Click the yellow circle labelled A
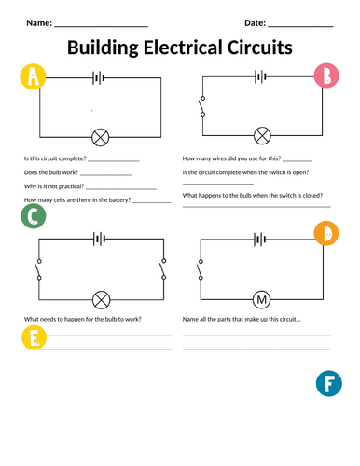(x=33, y=76)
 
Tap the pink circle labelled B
(x=326, y=75)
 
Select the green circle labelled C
(x=34, y=216)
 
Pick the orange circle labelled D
(x=326, y=233)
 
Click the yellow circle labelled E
(x=34, y=337)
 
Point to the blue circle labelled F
(x=329, y=383)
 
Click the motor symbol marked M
(x=262, y=300)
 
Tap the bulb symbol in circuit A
(x=101, y=137)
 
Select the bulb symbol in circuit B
(x=262, y=136)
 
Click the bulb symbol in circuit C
(x=102, y=300)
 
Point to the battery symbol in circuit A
(x=98, y=77)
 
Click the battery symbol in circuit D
(x=259, y=240)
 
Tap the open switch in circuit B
(x=202, y=106)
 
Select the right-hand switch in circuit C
(x=162, y=268)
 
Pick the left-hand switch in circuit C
(x=38, y=269)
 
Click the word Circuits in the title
(x=260, y=48)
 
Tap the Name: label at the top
(x=39, y=23)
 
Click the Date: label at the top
(x=255, y=23)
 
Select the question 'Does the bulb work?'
(x=51, y=172)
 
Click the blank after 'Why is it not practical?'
(x=121, y=188)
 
